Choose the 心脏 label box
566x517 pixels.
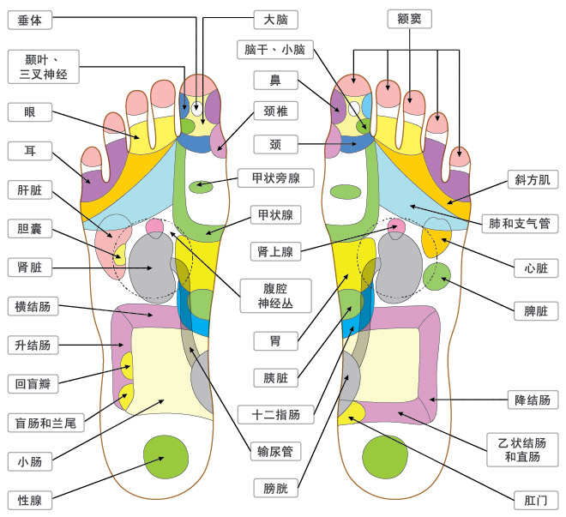tap(536, 269)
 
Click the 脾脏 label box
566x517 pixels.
tap(536, 310)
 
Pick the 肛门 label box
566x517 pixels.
tap(536, 499)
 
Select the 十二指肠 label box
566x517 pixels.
tap(276, 416)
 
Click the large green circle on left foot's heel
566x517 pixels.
tap(166, 457)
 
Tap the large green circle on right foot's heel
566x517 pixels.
tap(385, 457)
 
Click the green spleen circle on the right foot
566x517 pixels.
tap(437, 277)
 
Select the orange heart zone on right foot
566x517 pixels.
tap(437, 243)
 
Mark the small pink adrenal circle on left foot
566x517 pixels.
tap(154, 227)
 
